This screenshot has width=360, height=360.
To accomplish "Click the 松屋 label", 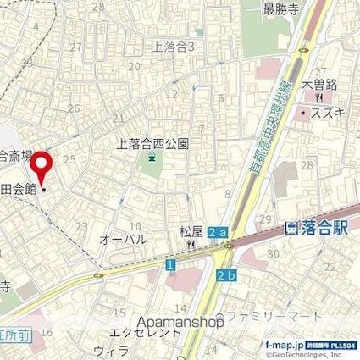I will pos(191,230).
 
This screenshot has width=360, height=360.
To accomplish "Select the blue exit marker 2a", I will pos(218,231).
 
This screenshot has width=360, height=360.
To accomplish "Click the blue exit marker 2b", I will pos(225,275).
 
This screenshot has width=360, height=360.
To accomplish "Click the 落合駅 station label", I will pos(311,229).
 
